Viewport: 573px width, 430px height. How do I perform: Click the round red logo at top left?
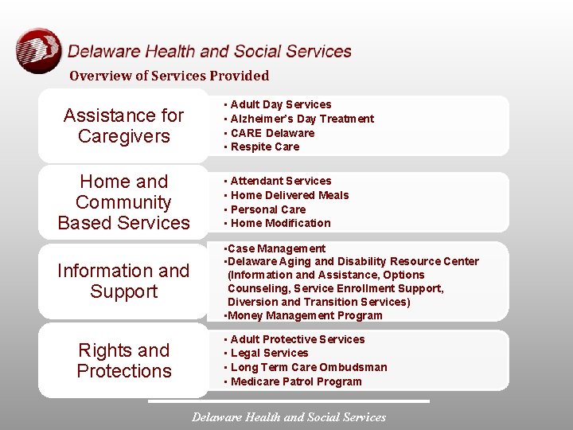click(x=38, y=51)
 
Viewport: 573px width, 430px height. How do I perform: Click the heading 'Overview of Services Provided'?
click(x=169, y=76)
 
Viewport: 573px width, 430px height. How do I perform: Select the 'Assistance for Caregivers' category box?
click(x=123, y=126)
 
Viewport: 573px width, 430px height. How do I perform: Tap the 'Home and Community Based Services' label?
click(x=123, y=202)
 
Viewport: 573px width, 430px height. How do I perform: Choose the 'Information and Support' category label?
click(x=123, y=281)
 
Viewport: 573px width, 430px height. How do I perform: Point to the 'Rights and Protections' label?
click(x=123, y=361)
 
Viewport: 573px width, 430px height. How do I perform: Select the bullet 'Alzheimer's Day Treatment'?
click(x=302, y=119)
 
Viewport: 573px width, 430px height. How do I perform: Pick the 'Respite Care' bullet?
click(x=264, y=147)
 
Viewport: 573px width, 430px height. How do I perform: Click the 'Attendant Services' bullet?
click(x=280, y=181)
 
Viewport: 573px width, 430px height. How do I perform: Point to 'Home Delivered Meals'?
click(x=289, y=195)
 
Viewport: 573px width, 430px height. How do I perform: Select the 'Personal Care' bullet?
click(x=267, y=209)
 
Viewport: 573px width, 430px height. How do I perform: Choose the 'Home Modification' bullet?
click(x=280, y=223)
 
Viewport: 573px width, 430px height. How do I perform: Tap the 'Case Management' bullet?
click(x=276, y=248)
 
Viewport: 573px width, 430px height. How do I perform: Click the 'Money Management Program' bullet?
click(x=305, y=315)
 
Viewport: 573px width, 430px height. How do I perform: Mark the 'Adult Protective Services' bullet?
click(x=297, y=339)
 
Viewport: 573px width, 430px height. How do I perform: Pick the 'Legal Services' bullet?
click(x=269, y=353)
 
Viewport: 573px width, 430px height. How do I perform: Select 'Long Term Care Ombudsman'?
click(x=308, y=367)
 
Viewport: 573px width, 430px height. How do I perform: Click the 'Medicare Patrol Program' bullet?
click(x=295, y=381)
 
